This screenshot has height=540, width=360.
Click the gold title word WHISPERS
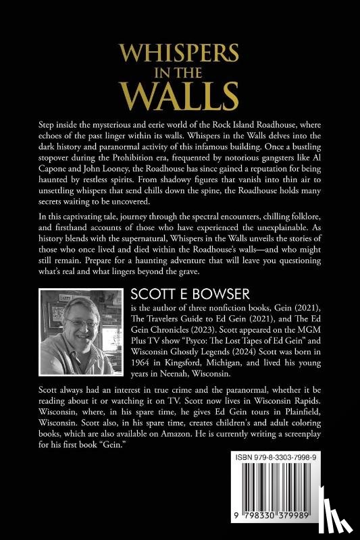click(x=180, y=54)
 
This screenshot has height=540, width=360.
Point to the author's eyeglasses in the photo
click(x=79, y=323)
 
